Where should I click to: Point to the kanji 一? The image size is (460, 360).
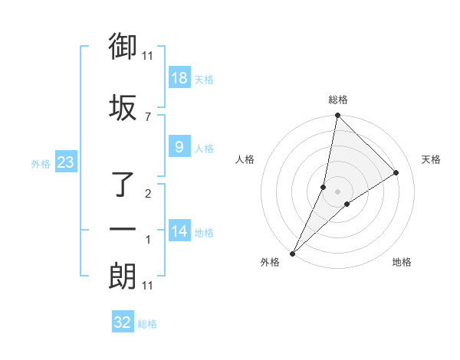point(123,229)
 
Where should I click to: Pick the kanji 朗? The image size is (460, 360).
point(123,276)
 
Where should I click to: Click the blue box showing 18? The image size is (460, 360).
point(179,79)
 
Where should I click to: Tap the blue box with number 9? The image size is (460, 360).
point(179,148)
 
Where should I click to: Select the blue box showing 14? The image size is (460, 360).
point(179,232)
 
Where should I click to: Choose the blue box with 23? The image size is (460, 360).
point(65,163)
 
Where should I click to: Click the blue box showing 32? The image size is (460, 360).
point(123,323)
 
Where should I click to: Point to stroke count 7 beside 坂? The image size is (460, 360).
point(148,116)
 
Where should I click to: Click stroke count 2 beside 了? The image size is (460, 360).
point(148,194)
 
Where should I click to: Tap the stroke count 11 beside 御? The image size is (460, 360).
point(148,55)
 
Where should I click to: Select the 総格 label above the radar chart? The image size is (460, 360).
point(338,100)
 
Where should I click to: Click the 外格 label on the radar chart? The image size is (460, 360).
point(270,262)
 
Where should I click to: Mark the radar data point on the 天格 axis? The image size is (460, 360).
point(396,173)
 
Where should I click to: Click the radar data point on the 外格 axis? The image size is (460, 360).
point(293,254)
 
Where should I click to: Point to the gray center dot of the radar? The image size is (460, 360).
point(338,191)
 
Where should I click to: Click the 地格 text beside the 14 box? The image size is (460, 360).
point(204,233)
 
